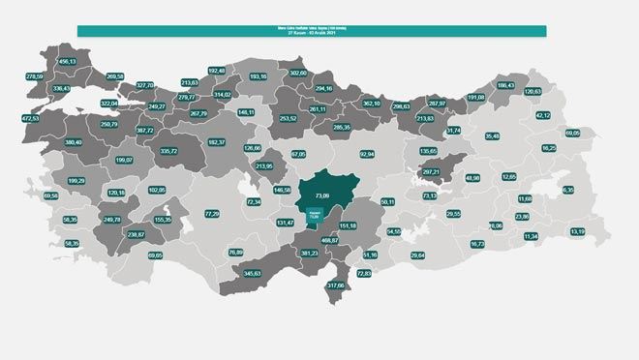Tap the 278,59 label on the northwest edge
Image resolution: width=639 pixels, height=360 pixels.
pyautogui.click(x=35, y=76)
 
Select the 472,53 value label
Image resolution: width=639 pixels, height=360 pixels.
pyautogui.click(x=30, y=118)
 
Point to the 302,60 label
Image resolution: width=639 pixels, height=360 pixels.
pyautogui.click(x=297, y=73)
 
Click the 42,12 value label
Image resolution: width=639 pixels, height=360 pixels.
pyautogui.click(x=543, y=115)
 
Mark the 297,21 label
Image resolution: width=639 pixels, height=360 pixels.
pyautogui.click(x=431, y=172)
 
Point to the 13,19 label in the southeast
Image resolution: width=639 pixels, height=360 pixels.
pyautogui.click(x=577, y=231)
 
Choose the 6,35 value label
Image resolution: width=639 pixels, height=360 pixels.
pyautogui.click(x=568, y=190)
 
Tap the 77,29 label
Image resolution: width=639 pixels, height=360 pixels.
pyautogui.click(x=212, y=214)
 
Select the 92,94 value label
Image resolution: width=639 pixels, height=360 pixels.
pyautogui.click(x=366, y=154)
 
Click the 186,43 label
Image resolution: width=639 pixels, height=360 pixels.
pyautogui.click(x=505, y=85)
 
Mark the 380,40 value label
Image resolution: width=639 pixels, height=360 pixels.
pyautogui.click(x=73, y=142)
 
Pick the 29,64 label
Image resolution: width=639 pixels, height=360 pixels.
pyautogui.click(x=418, y=255)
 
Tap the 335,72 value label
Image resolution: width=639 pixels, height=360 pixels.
pyautogui.click(x=168, y=151)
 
